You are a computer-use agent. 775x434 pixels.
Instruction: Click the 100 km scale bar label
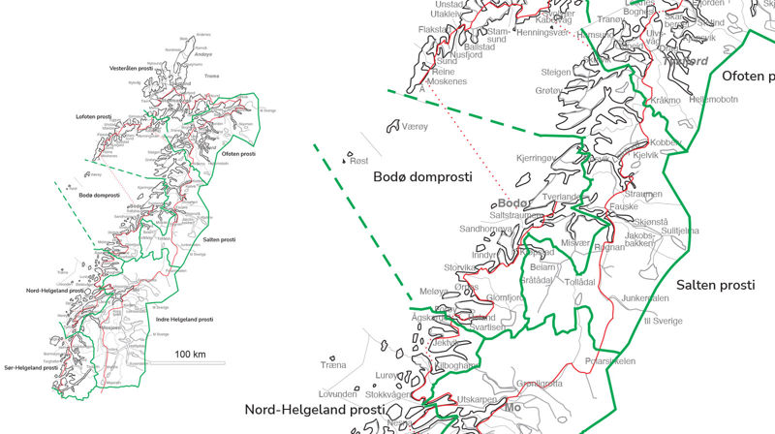(x=190, y=355)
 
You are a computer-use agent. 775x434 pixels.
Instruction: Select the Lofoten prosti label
(x=94, y=116)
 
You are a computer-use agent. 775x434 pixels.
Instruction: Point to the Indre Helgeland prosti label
(x=184, y=319)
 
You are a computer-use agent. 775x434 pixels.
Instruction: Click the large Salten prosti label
(x=715, y=285)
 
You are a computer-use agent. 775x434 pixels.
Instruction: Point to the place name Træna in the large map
(x=333, y=364)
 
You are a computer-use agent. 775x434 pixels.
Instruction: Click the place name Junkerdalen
(x=645, y=297)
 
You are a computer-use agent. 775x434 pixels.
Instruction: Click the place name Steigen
(x=556, y=72)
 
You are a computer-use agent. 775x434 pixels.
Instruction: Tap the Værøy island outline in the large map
(x=395, y=126)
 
